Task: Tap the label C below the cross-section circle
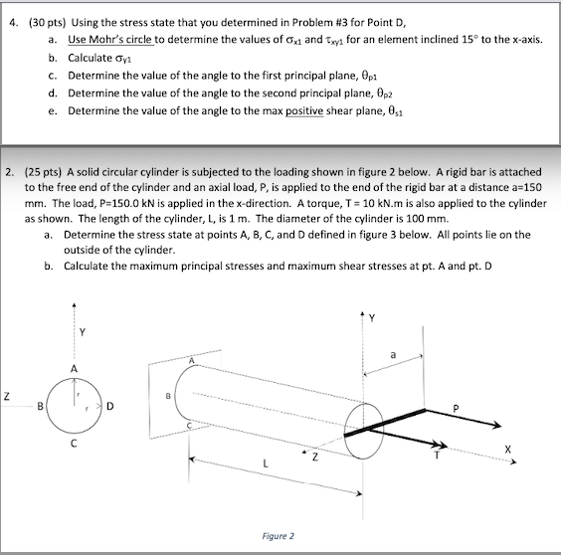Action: point(72,444)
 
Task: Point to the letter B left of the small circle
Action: point(39,406)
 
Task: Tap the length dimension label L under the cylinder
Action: point(266,463)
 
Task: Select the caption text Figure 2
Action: point(277,535)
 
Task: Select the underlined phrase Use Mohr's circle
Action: point(106,39)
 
